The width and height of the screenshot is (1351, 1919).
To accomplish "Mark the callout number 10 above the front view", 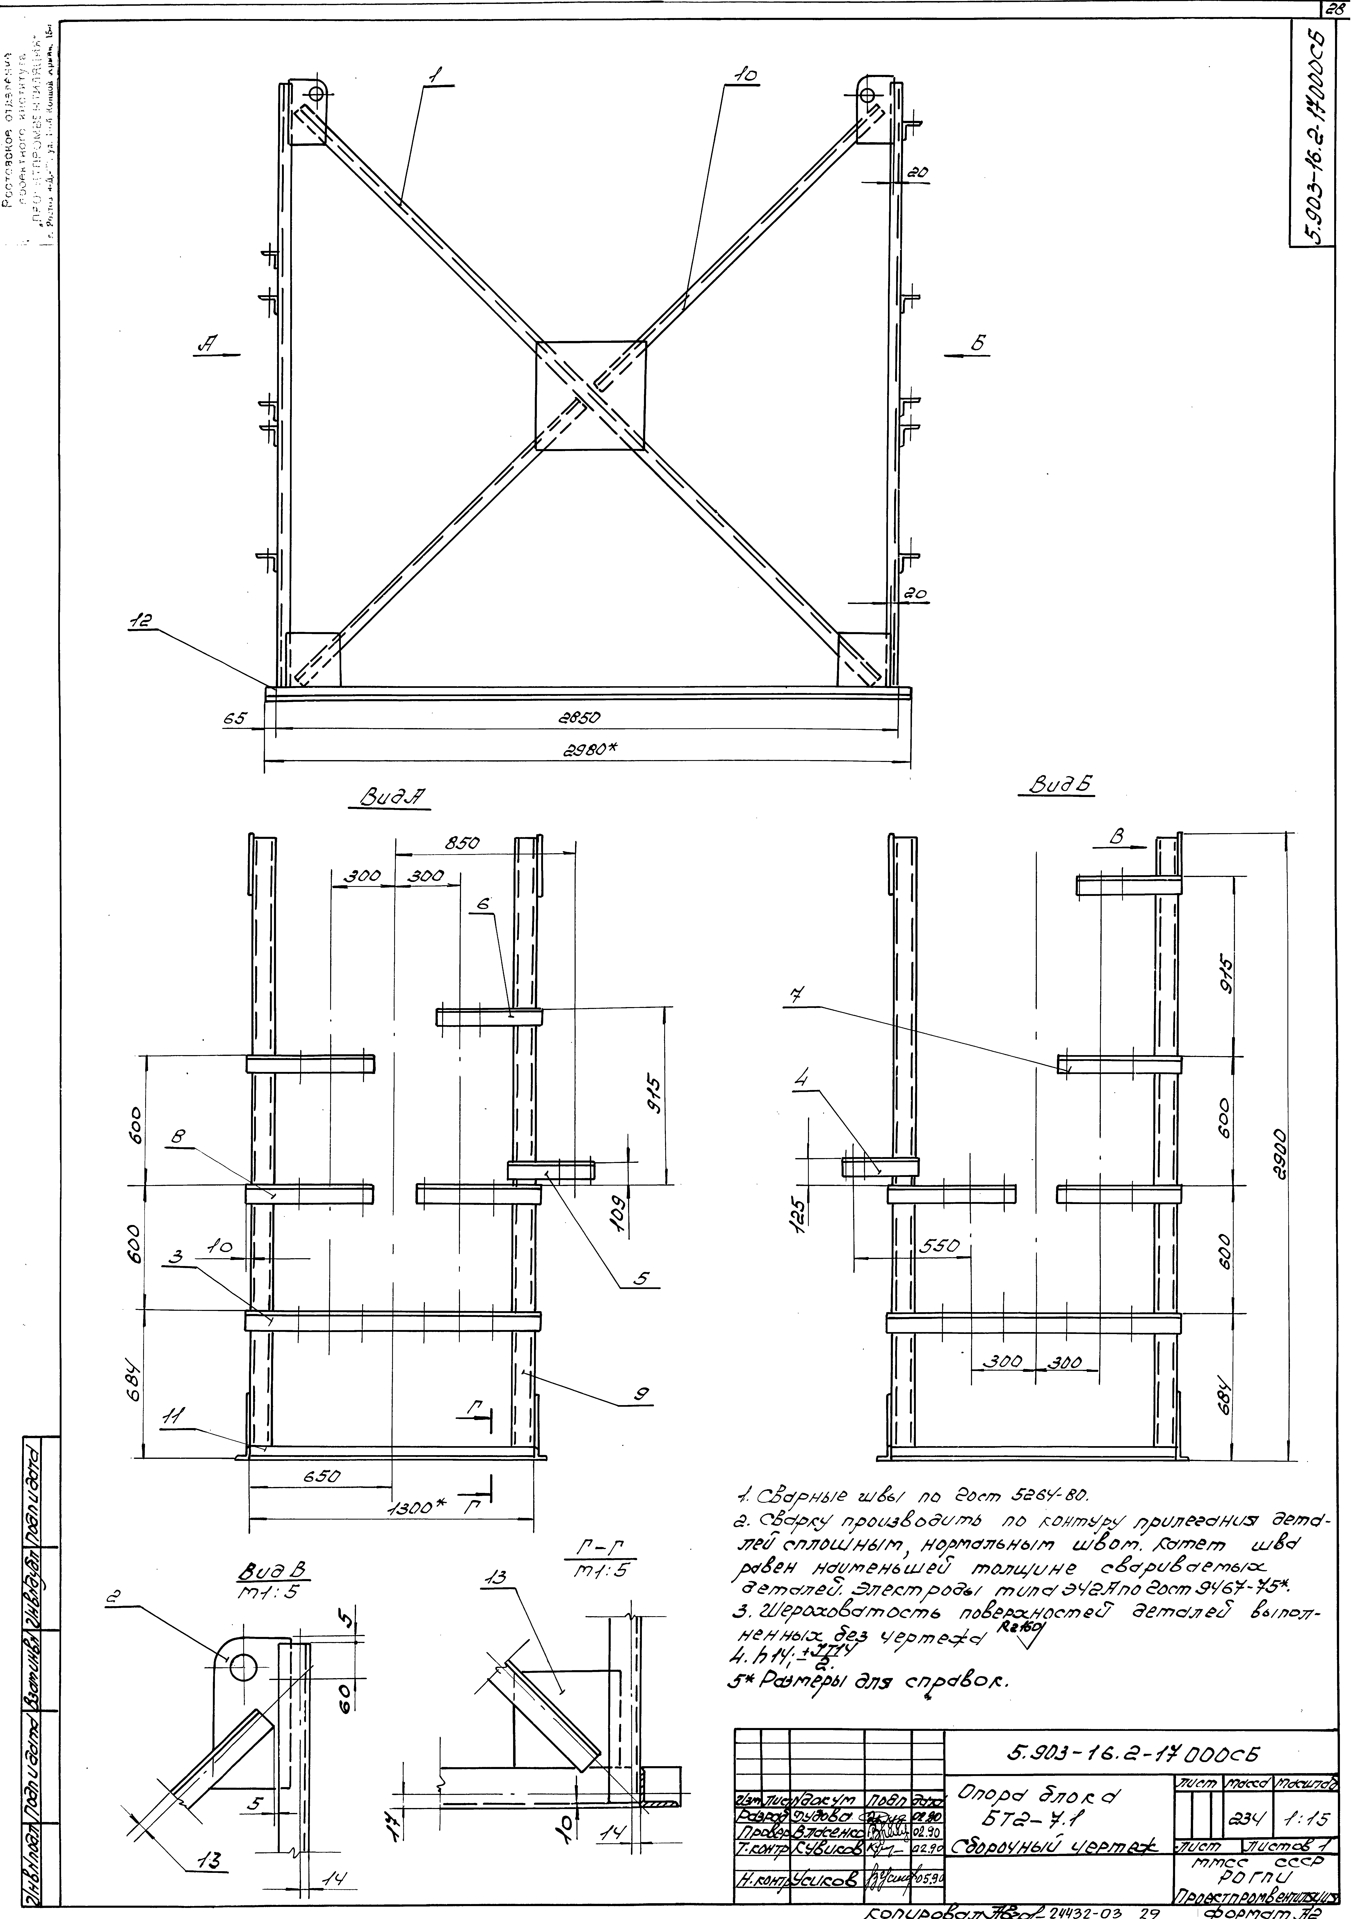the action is (744, 74).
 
